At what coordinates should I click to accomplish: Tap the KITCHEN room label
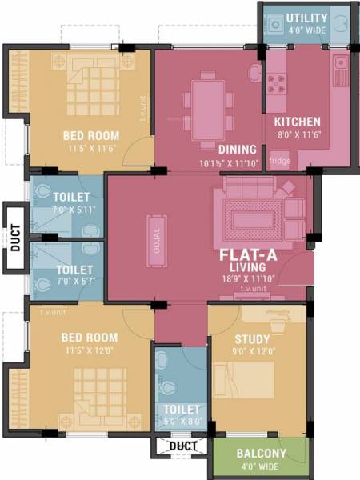(298, 122)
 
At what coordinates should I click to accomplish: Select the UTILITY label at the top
(307, 18)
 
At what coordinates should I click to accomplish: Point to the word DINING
(237, 149)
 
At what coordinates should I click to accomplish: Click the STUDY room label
(252, 338)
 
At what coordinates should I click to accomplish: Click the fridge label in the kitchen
(280, 161)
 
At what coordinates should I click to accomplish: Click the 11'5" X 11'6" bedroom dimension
(90, 149)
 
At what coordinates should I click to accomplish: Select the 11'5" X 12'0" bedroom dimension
(90, 350)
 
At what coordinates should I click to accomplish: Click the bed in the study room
(249, 383)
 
